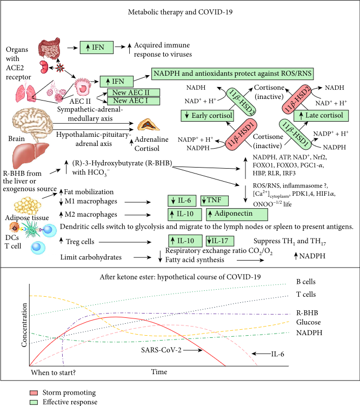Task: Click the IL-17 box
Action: (221, 240)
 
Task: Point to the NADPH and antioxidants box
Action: (233, 73)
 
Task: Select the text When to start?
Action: (54, 373)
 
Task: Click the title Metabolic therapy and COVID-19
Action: (179, 11)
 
